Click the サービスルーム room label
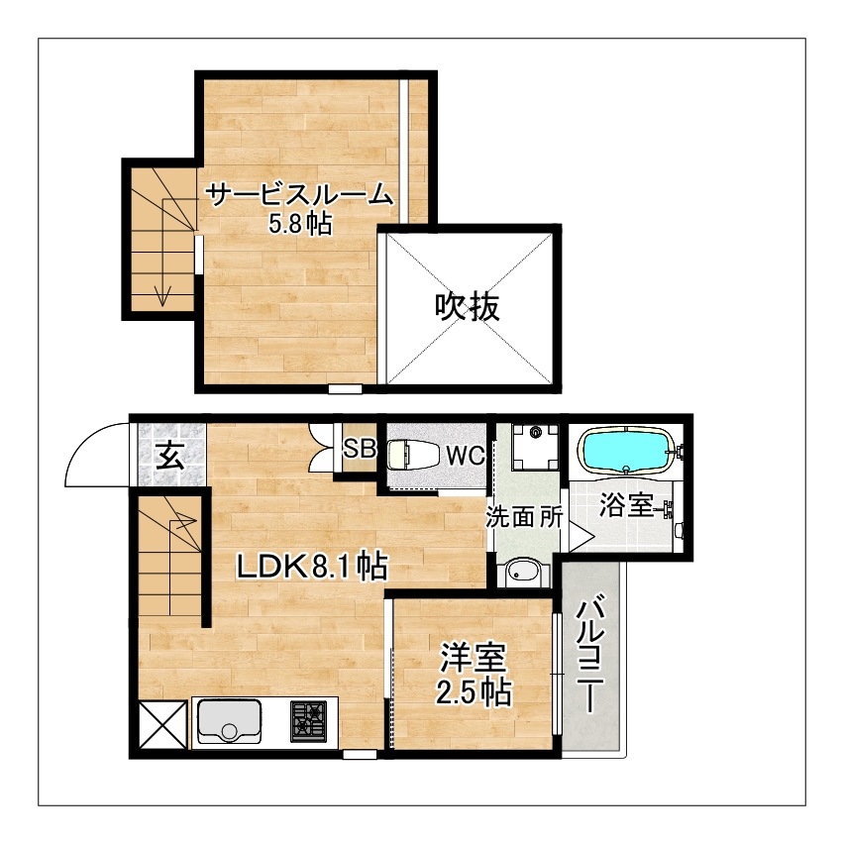[299, 195]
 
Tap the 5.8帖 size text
[300, 225]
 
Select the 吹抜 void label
[468, 307]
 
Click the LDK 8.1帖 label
[312, 567]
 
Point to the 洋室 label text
[474, 658]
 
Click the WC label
[466, 456]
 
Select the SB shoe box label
[359, 448]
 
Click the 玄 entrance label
[171, 457]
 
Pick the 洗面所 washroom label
[524, 517]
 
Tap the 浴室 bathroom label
[626, 505]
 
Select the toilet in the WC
[409, 455]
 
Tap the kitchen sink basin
[230, 720]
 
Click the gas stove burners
[308, 721]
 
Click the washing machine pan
[536, 446]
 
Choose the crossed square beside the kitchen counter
[163, 725]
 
